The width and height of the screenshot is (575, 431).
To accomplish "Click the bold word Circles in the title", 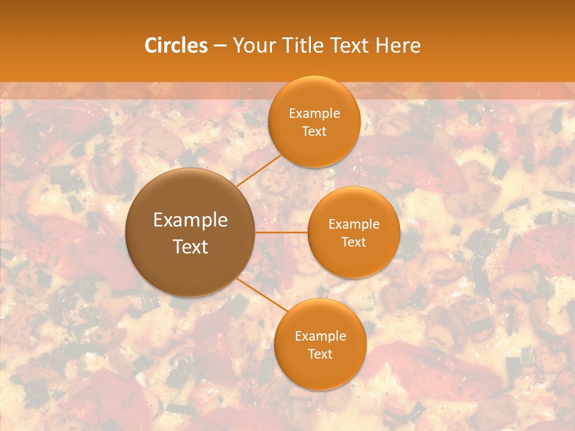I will (x=175, y=45).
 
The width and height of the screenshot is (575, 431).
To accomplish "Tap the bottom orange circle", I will (x=320, y=371).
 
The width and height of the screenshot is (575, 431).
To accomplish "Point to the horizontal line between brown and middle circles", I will (x=281, y=232).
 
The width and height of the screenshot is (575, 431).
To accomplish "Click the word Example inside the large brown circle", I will (x=190, y=220).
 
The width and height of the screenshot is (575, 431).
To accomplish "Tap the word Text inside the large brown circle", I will (x=190, y=247).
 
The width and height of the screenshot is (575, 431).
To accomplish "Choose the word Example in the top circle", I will (x=314, y=114).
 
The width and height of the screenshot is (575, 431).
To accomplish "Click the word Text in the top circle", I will (x=314, y=132).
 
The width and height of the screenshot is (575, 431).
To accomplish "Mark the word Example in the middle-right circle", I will (x=354, y=224).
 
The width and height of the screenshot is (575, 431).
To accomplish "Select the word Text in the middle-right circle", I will (x=354, y=242).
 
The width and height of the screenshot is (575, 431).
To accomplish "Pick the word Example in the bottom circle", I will (x=320, y=336).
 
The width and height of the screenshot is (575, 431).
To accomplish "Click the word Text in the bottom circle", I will (x=320, y=354).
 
